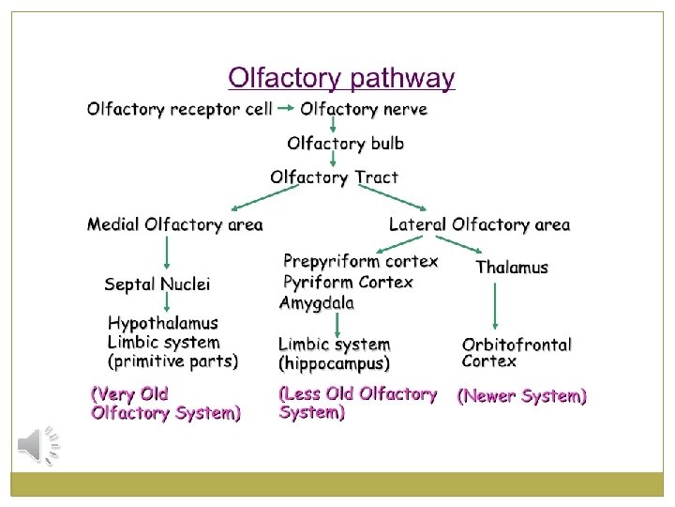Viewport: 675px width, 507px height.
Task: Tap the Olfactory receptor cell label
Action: coord(180,109)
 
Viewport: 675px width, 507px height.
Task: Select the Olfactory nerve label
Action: coord(364,109)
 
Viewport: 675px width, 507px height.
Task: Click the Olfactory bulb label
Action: coord(346,144)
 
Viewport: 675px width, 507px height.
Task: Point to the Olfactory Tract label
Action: coord(334,177)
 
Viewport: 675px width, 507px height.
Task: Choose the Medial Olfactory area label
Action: coord(175,224)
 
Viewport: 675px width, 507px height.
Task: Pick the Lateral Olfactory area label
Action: coord(479,224)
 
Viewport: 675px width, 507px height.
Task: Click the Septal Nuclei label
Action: coord(157,284)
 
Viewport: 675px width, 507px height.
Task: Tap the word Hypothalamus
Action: coord(163,324)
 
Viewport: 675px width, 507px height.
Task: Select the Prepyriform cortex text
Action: coord(360,261)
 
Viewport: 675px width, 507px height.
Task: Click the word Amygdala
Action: coord(317,302)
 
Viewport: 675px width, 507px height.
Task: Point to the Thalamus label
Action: coord(512,268)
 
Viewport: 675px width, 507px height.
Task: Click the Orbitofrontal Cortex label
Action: coord(517,353)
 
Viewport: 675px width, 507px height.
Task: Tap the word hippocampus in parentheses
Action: coord(335,363)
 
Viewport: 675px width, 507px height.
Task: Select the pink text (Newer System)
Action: coord(521,396)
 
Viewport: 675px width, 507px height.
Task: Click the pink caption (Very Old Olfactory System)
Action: coord(165,403)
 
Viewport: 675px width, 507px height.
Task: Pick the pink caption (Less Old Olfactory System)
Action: coord(358,403)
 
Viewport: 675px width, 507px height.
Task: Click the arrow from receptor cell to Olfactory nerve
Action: coord(286,109)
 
